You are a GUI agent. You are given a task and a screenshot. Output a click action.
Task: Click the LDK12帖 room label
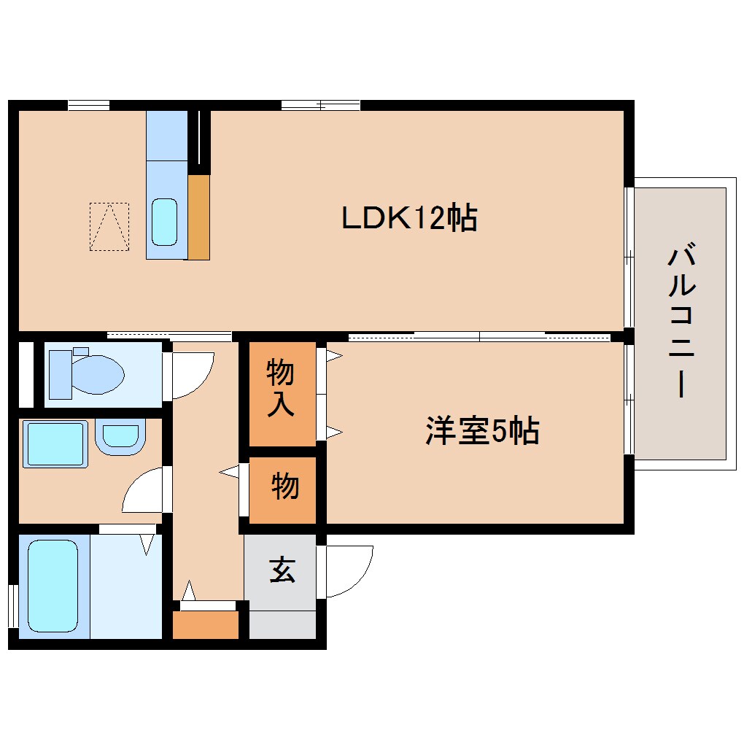point(409,218)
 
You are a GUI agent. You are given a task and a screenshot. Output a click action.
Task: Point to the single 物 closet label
point(284,486)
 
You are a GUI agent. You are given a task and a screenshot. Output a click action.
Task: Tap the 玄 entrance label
point(282,570)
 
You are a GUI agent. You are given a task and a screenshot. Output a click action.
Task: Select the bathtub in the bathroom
point(53,586)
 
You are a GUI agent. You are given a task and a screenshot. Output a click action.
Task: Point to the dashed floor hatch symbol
point(109,226)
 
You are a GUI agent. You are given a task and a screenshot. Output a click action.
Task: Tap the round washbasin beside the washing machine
point(120,437)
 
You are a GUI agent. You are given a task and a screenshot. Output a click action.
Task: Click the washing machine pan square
point(55,443)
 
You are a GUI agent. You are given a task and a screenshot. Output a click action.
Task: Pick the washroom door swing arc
point(144,490)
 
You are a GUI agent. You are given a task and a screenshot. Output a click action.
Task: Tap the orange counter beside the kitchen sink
point(198,217)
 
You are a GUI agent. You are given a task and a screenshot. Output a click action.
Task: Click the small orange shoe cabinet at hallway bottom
point(206,625)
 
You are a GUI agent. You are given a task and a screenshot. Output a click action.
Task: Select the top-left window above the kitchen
point(88,105)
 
